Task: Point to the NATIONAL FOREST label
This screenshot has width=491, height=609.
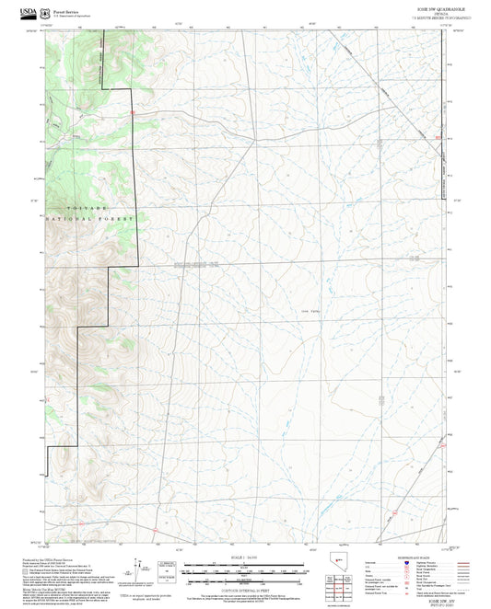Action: (89, 219)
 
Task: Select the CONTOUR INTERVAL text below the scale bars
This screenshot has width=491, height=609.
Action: (245, 589)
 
